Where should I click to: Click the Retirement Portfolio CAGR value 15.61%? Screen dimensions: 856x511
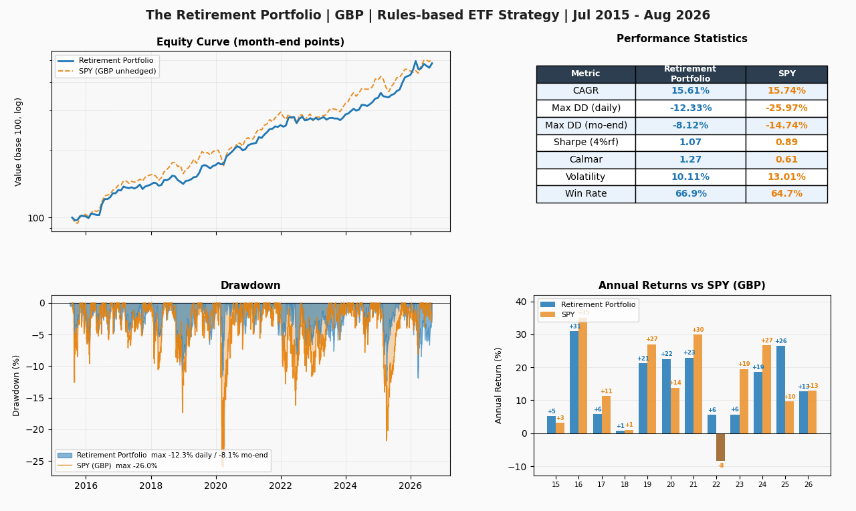[x=690, y=90]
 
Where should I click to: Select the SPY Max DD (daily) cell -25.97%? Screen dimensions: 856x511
[x=786, y=108]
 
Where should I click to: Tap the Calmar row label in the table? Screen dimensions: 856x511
[x=586, y=159]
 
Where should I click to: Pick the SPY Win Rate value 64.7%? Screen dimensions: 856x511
[x=786, y=193]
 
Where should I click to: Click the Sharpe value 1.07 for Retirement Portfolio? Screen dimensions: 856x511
[x=690, y=142]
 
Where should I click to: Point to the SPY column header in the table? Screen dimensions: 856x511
[x=787, y=74]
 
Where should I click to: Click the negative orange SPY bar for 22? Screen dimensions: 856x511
[x=720, y=447]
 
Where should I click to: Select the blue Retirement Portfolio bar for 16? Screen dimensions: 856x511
[x=574, y=382]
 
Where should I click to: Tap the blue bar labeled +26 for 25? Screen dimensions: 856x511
[x=780, y=390]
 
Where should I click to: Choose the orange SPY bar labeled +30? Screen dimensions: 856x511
[x=698, y=384]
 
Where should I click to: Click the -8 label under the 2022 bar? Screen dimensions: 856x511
[x=721, y=466]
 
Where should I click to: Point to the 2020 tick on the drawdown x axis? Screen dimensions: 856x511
[x=215, y=486]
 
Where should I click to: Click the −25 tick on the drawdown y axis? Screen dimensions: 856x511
[x=35, y=462]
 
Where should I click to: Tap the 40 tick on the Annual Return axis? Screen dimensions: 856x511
[x=521, y=302]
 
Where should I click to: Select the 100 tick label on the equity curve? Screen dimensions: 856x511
[x=36, y=218]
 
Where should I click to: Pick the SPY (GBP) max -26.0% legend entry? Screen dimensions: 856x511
[x=107, y=466]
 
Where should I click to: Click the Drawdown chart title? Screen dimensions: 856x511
[x=251, y=285]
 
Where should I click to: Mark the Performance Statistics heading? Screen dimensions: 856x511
[x=681, y=39]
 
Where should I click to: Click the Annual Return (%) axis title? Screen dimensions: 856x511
[x=498, y=386]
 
